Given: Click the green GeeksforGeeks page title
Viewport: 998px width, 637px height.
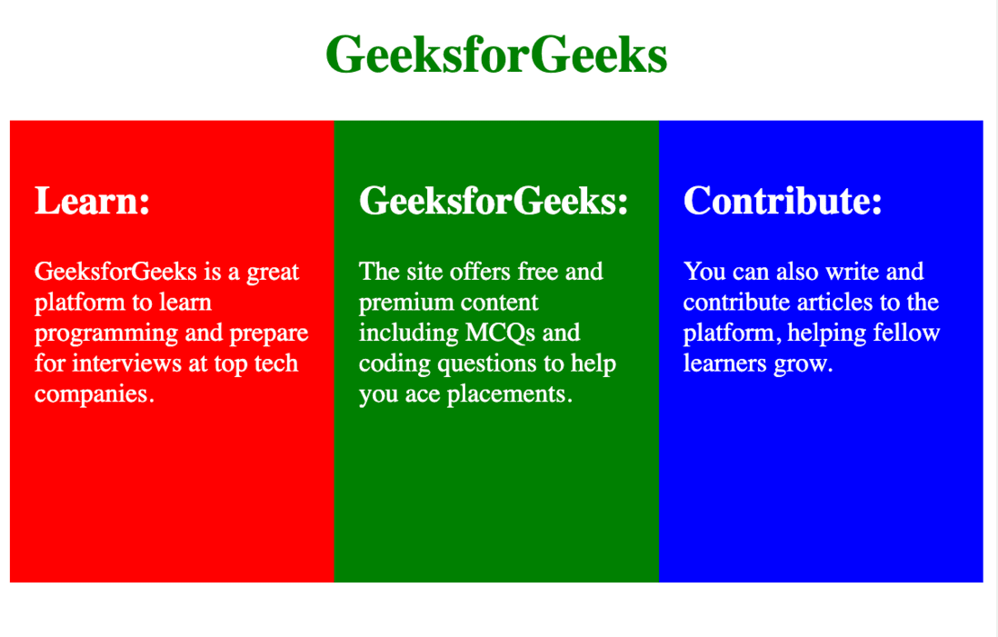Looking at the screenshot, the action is [x=496, y=55].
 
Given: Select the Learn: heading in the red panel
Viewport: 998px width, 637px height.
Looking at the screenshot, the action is [x=93, y=201].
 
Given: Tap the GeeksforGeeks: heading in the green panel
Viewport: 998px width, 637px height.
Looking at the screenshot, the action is [x=494, y=201].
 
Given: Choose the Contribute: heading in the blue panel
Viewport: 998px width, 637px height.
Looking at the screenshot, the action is [x=783, y=201].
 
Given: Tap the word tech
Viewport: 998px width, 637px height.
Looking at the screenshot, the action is [x=276, y=363].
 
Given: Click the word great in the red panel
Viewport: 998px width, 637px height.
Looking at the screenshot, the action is [x=273, y=274].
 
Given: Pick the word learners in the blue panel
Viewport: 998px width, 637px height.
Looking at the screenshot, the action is [x=725, y=363].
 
